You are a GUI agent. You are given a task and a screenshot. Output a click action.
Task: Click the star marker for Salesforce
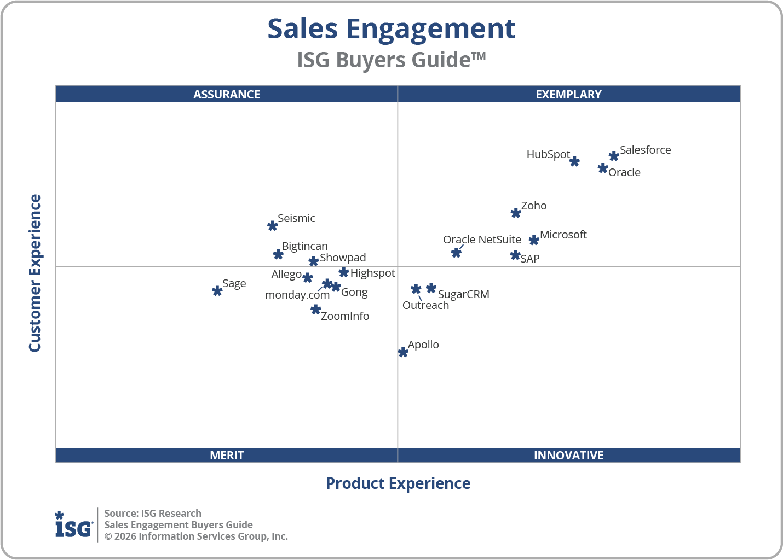click(614, 156)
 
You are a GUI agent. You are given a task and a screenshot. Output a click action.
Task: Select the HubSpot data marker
click(574, 161)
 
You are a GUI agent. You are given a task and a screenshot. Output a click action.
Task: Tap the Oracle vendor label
click(624, 172)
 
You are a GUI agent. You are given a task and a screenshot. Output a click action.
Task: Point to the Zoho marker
click(516, 213)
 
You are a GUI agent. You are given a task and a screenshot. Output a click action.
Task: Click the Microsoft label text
click(563, 235)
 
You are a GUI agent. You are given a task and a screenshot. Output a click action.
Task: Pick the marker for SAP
click(515, 255)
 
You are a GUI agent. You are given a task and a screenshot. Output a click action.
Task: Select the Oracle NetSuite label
click(482, 240)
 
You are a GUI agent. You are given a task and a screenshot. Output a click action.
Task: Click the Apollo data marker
click(403, 352)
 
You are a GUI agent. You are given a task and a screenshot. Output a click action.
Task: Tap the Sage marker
click(217, 291)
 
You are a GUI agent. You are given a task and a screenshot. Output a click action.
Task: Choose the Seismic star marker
click(273, 226)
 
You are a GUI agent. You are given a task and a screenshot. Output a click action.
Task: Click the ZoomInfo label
click(345, 316)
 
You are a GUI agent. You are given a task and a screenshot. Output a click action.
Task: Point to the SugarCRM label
click(463, 294)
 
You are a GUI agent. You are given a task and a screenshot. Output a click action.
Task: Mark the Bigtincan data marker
click(278, 254)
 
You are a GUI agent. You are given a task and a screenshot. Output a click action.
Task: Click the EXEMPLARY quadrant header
click(568, 94)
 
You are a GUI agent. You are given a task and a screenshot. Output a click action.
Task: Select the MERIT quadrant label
click(227, 455)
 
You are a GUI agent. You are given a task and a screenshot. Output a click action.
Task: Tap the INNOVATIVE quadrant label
click(568, 455)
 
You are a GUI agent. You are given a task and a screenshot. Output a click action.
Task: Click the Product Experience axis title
click(398, 483)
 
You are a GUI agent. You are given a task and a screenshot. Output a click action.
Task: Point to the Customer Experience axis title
click(35, 273)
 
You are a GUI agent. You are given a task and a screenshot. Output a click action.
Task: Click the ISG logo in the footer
click(73, 525)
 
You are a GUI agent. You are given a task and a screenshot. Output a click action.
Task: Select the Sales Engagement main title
click(391, 29)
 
